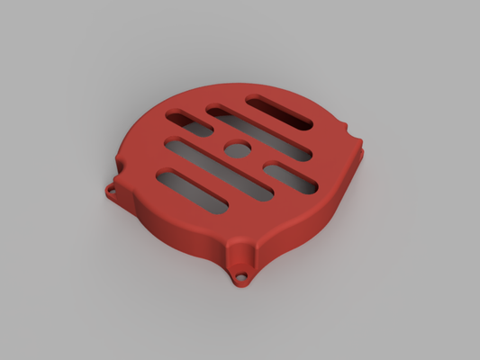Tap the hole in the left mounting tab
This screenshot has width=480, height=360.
pyautogui.click(x=111, y=191)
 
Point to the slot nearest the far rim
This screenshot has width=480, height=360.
pyautogui.click(x=279, y=112)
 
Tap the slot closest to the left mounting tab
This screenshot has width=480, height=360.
pyautogui.click(x=191, y=192)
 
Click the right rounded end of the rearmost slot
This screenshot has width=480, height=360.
pyautogui.click(x=303, y=122)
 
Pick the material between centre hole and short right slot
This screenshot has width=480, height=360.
pyautogui.click(x=259, y=160)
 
